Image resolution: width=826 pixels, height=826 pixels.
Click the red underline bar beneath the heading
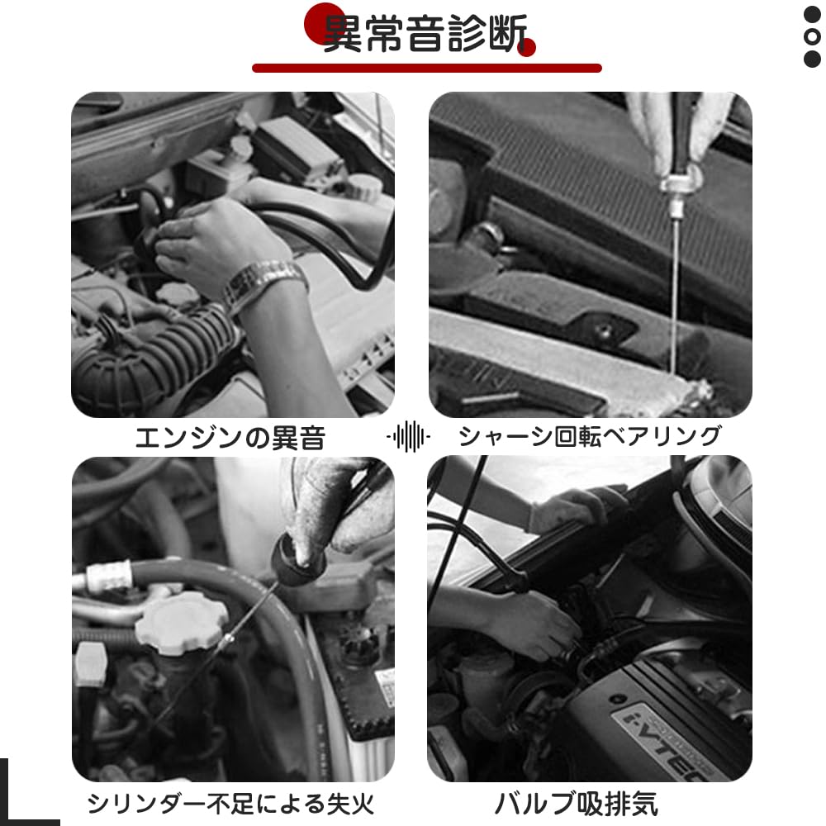[x=426, y=68]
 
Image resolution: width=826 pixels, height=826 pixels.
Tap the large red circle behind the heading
[x=325, y=23]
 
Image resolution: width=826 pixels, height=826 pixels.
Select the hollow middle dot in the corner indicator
[x=813, y=37]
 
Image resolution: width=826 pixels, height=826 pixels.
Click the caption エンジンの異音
[x=230, y=437]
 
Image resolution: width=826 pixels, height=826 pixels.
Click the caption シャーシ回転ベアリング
[x=590, y=435]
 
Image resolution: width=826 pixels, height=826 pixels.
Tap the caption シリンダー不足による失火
[x=230, y=802]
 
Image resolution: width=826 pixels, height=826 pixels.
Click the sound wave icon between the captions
[x=409, y=436]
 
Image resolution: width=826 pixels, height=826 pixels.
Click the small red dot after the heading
[x=527, y=48]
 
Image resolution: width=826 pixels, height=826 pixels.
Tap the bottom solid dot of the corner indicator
[x=813, y=59]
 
